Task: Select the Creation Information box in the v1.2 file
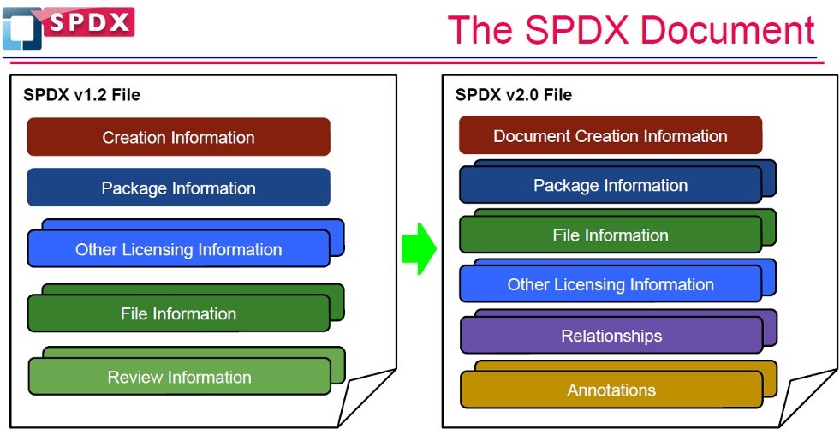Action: [178, 137]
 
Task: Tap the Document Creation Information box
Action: [610, 136]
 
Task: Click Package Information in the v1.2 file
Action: [178, 188]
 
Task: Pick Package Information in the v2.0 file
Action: [610, 186]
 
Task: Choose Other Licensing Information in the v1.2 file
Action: [178, 249]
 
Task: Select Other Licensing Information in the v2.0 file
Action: [610, 284]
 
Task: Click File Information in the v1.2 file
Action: [178, 313]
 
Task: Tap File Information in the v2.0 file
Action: [610, 235]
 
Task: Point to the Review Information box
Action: [178, 377]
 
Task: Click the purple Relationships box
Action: [611, 336]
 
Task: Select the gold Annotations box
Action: [611, 390]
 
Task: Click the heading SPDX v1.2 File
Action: [81, 95]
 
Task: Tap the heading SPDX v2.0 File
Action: [513, 95]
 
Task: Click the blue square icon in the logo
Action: [21, 30]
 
